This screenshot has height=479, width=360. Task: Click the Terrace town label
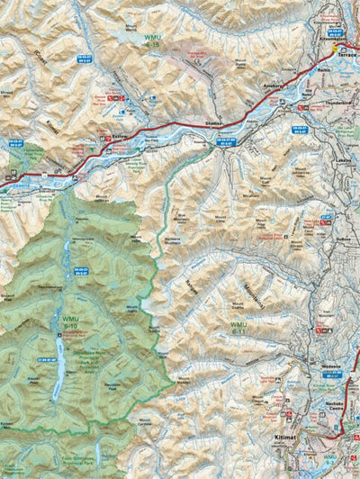coord(346,54)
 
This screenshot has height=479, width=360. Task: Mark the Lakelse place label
coord(343,159)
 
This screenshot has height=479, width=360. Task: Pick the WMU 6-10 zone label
coord(70,321)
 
